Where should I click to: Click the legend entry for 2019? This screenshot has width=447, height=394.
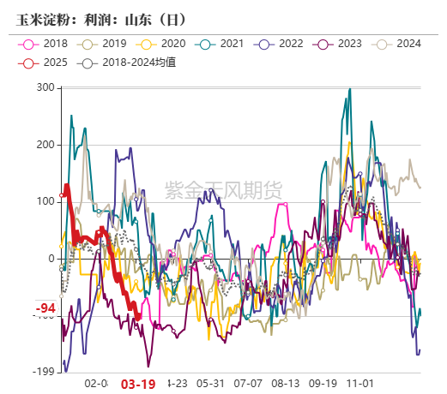(105, 44)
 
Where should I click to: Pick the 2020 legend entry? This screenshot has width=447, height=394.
(164, 44)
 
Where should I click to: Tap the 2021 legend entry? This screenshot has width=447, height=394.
(223, 44)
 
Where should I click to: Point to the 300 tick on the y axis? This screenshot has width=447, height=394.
(45, 88)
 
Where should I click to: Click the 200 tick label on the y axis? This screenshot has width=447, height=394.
(45, 145)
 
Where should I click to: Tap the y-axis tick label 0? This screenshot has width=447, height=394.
(51, 259)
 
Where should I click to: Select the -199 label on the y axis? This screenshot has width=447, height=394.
(44, 373)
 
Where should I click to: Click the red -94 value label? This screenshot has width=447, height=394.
(45, 308)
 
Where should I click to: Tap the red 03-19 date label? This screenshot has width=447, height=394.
(138, 385)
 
